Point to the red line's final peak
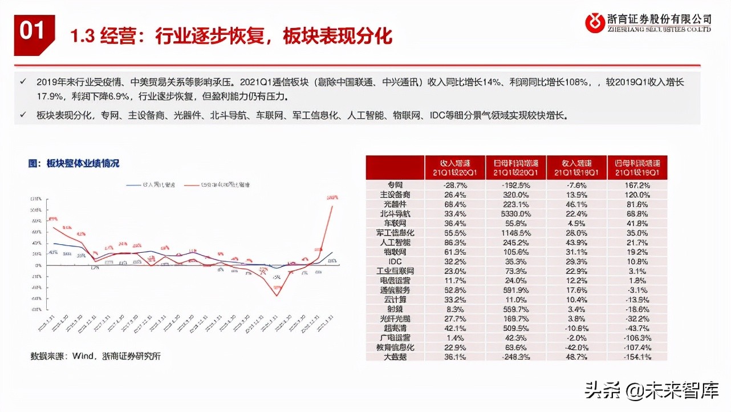[x=332, y=205]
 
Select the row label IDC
[x=395, y=261]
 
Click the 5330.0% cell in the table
[x=515, y=213]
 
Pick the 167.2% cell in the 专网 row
[x=636, y=185]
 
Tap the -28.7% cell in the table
[x=454, y=185]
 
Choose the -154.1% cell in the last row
[x=636, y=357]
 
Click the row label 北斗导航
[x=395, y=213]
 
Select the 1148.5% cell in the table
[x=515, y=233]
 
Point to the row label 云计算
[x=395, y=300]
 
